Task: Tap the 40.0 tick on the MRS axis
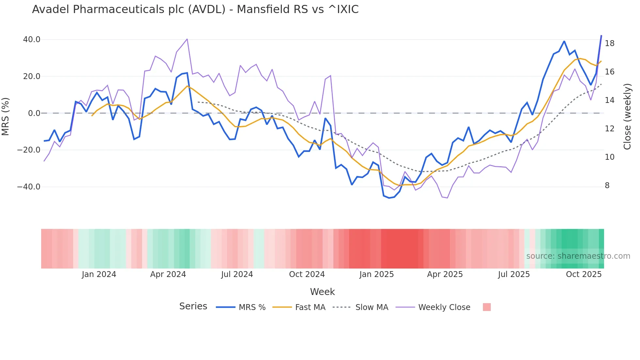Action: pyautogui.click(x=32, y=40)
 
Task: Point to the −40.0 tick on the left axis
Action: pyautogui.click(x=29, y=187)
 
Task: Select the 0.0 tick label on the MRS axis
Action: pyautogui.click(x=34, y=113)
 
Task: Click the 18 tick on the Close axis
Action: pyautogui.click(x=609, y=43)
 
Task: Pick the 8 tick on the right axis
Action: pyautogui.click(x=607, y=186)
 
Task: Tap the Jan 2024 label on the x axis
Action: pyautogui.click(x=99, y=274)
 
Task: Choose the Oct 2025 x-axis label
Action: pyautogui.click(x=584, y=274)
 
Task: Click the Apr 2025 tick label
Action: pyautogui.click(x=445, y=274)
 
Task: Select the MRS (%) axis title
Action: pyautogui.click(x=6, y=116)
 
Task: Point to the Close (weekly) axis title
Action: pyautogui.click(x=627, y=117)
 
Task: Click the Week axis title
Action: pyautogui.click(x=322, y=292)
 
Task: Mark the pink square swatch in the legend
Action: pyautogui.click(x=487, y=307)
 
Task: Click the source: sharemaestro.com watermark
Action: pyautogui.click(x=578, y=256)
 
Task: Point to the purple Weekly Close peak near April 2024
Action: pyautogui.click(x=187, y=39)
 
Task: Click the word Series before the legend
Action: pyautogui.click(x=193, y=306)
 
